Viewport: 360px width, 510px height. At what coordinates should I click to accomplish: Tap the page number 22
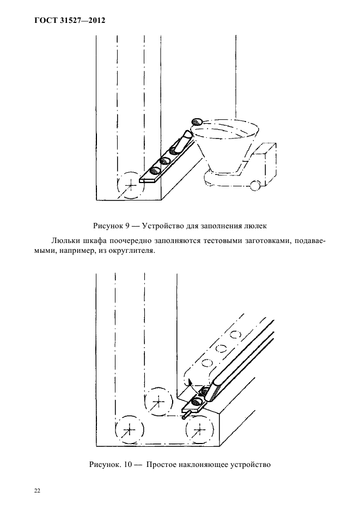pyautogui.click(x=38, y=490)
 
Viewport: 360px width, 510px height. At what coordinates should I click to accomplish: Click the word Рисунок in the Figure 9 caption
pyautogui.click(x=109, y=225)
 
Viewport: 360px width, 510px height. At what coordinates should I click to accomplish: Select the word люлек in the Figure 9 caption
pyautogui.click(x=254, y=225)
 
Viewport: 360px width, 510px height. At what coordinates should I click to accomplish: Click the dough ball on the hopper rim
pyautogui.click(x=197, y=122)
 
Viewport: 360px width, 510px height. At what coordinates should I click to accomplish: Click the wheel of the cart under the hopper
pyautogui.click(x=254, y=186)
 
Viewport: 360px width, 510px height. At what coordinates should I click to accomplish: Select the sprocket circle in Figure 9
pyautogui.click(x=131, y=185)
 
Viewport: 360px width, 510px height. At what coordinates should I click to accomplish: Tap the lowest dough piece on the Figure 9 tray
pyautogui.click(x=154, y=171)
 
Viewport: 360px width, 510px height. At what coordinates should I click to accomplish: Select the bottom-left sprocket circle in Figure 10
pyautogui.click(x=128, y=430)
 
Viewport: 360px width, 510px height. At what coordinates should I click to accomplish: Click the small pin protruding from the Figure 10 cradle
pyautogui.click(x=185, y=416)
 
